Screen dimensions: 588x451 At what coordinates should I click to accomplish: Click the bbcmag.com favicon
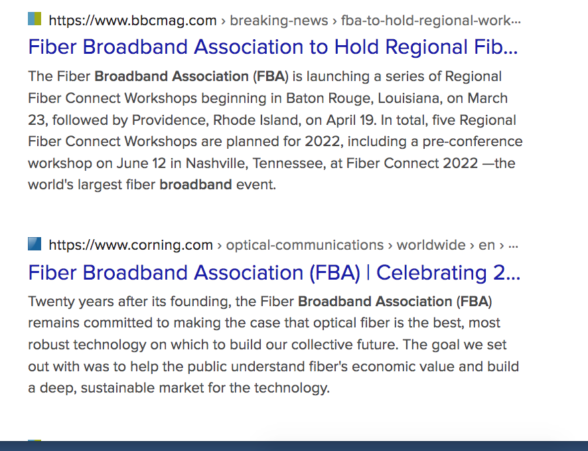[x=35, y=19]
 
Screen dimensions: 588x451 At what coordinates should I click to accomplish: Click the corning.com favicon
[x=35, y=244]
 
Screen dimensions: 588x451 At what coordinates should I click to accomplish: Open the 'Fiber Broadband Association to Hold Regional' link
[x=273, y=47]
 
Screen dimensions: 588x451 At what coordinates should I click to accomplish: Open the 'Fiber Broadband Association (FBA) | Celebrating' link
[x=274, y=272]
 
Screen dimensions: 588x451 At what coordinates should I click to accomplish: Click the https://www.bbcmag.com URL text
[x=133, y=21]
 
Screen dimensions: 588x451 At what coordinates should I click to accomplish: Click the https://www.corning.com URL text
[x=131, y=245]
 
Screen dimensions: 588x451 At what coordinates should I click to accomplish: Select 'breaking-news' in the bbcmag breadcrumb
[x=279, y=21]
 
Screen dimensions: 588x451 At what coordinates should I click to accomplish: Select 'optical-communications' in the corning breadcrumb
[x=305, y=245]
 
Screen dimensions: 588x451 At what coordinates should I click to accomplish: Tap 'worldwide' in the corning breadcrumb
[x=431, y=245]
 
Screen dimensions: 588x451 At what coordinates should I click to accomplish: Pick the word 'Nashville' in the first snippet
[x=217, y=163]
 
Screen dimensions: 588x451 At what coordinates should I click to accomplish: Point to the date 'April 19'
[x=350, y=120]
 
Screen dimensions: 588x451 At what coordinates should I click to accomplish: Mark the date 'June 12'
[x=141, y=163]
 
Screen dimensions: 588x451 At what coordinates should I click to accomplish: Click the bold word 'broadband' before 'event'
[x=196, y=185]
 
